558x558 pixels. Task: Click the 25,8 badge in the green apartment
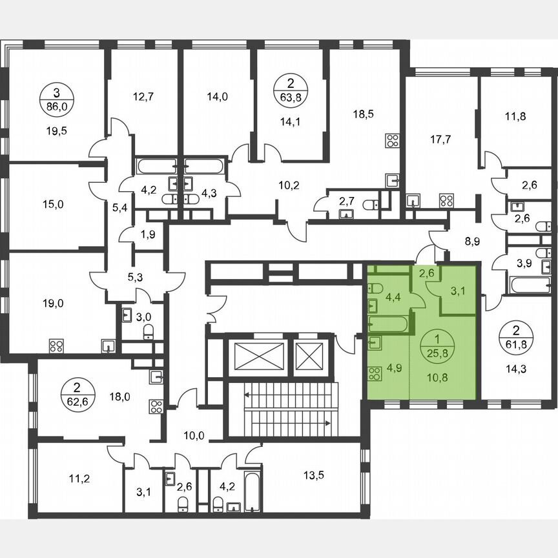pyautogui.click(x=440, y=346)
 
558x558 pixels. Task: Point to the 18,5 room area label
pyautogui.click(x=364, y=114)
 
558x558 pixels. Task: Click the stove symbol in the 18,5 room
pyautogui.click(x=392, y=140)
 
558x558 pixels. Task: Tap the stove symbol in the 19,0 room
pyautogui.click(x=56, y=345)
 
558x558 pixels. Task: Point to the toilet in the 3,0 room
pyautogui.click(x=148, y=332)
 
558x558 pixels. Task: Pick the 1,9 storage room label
pyautogui.click(x=148, y=234)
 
